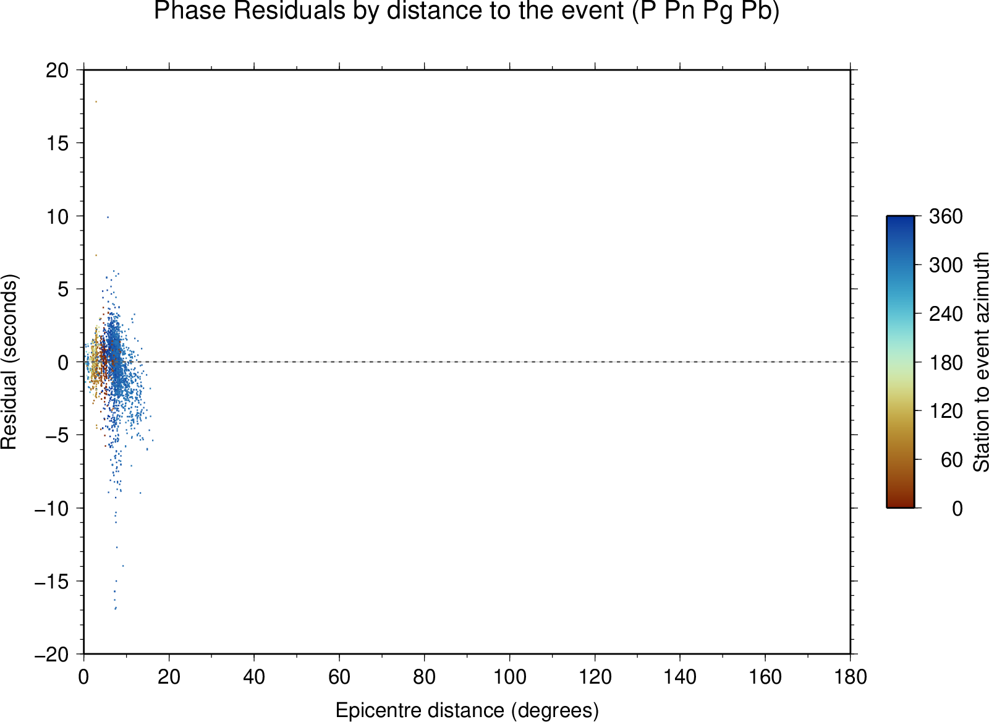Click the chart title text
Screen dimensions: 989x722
[467, 11]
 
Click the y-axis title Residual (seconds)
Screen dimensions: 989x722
[9, 362]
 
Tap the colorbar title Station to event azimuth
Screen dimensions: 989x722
[980, 362]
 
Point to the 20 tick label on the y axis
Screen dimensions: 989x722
[57, 70]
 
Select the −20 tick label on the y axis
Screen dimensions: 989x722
[52, 655]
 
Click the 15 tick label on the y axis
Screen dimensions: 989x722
[57, 143]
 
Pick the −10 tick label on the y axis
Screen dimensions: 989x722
[52, 509]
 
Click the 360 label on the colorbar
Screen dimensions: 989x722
[946, 216]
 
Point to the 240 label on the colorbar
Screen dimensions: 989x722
[946, 314]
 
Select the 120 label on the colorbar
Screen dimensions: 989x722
[946, 411]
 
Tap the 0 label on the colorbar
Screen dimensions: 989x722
[957, 509]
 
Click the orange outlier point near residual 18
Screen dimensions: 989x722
[96, 102]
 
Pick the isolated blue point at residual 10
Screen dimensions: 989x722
[108, 217]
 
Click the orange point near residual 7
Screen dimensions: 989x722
[96, 255]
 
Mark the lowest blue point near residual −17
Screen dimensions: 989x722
[116, 608]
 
